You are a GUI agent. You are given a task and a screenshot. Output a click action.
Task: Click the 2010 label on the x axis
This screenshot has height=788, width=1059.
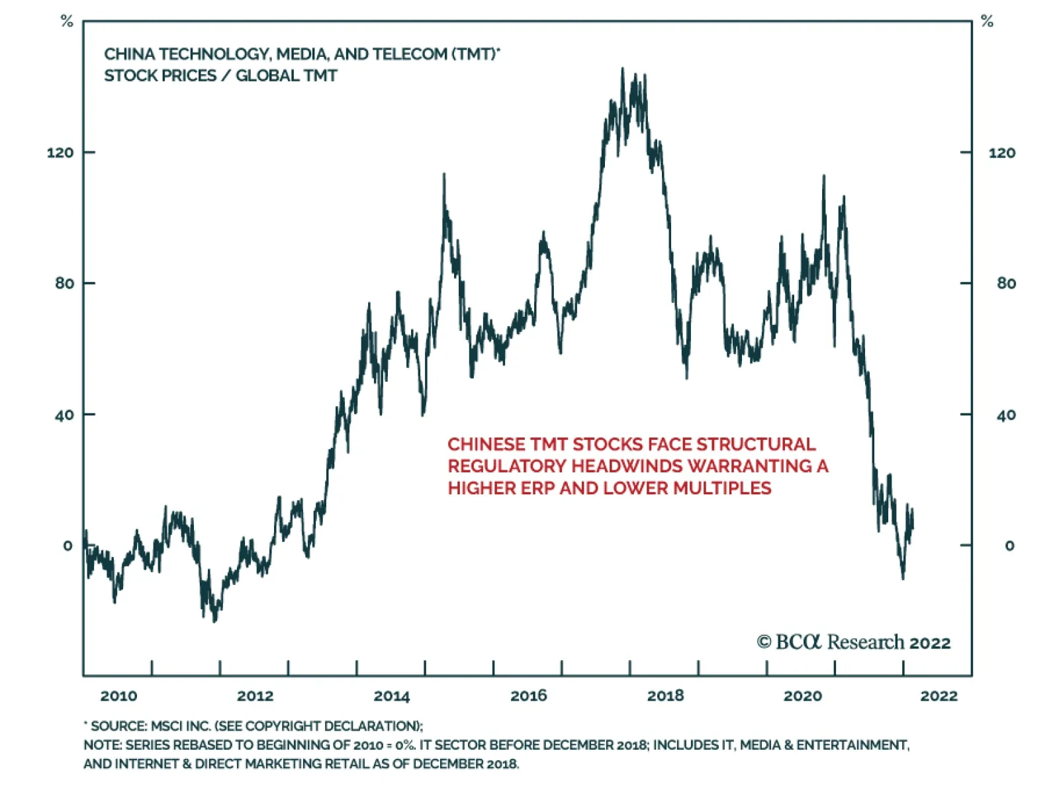[118, 695]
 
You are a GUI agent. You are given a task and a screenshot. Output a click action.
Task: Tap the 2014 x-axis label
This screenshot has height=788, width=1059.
[392, 695]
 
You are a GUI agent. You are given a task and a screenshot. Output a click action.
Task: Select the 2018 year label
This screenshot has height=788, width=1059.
[665, 695]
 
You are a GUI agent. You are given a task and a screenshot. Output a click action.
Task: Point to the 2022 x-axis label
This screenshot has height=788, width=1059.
[939, 695]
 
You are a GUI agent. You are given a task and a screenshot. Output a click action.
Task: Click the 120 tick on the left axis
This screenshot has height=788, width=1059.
[60, 153]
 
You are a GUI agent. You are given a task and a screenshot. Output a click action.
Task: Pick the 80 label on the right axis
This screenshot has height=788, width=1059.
[1006, 283]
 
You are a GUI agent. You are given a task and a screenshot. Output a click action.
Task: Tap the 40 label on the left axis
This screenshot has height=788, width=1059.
[65, 416]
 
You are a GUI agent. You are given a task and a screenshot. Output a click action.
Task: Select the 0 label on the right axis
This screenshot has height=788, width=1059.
[1009, 546]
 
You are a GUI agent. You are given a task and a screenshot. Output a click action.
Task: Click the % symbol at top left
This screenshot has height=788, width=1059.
[67, 22]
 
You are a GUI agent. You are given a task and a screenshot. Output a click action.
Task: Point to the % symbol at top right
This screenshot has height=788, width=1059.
[988, 22]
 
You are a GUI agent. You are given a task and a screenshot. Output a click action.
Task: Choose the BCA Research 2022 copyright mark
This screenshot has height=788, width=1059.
[854, 642]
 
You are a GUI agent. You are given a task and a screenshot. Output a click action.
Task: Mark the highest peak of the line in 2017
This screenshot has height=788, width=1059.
[622, 69]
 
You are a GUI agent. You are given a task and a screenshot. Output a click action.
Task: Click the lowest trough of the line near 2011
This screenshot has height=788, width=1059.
[214, 621]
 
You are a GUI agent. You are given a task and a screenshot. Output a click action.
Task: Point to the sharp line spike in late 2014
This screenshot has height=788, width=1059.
[444, 175]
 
